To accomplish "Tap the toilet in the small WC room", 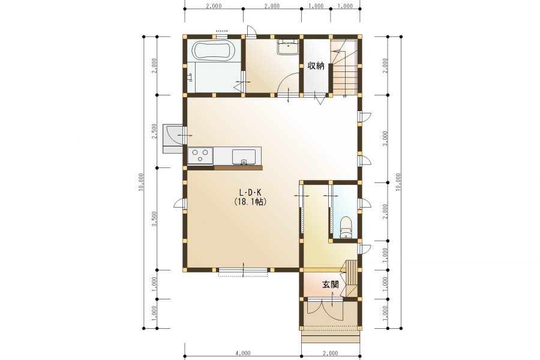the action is (x=346, y=227).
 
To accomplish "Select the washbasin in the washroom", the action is (x=288, y=47).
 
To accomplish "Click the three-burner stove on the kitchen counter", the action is (x=200, y=155).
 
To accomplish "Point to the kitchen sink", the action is (x=244, y=157).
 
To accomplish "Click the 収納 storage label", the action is (x=316, y=65).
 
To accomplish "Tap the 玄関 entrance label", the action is (x=330, y=284).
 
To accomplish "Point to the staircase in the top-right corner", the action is (x=345, y=67).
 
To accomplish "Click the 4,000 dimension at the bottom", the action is (x=243, y=353).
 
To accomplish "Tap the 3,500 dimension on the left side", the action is (x=155, y=219).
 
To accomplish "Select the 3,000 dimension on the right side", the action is (x=385, y=138).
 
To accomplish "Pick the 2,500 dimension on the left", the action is (x=155, y=131).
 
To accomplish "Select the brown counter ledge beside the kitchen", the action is (x=238, y=168).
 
